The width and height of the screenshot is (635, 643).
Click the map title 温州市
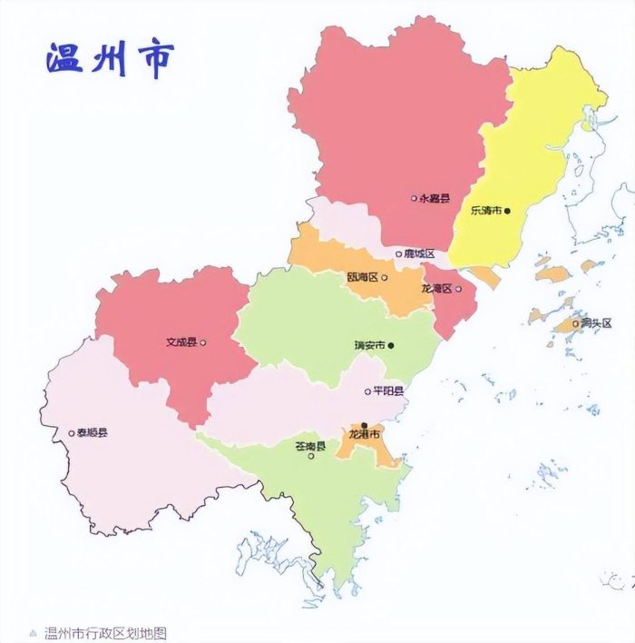109,57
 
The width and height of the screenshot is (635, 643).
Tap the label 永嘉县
435,198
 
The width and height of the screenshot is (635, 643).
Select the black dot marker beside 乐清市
508,211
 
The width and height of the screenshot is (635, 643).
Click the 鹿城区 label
420,253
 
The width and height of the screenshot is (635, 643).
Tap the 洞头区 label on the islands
596,323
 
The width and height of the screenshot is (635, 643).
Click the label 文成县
181,343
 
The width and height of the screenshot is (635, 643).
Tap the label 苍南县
310,445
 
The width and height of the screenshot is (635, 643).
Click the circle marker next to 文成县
202,343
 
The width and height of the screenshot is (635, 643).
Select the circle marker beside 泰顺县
72,433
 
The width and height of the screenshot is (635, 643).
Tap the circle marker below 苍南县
311,456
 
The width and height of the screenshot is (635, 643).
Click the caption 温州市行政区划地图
105,633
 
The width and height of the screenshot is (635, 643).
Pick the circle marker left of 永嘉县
414,198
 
